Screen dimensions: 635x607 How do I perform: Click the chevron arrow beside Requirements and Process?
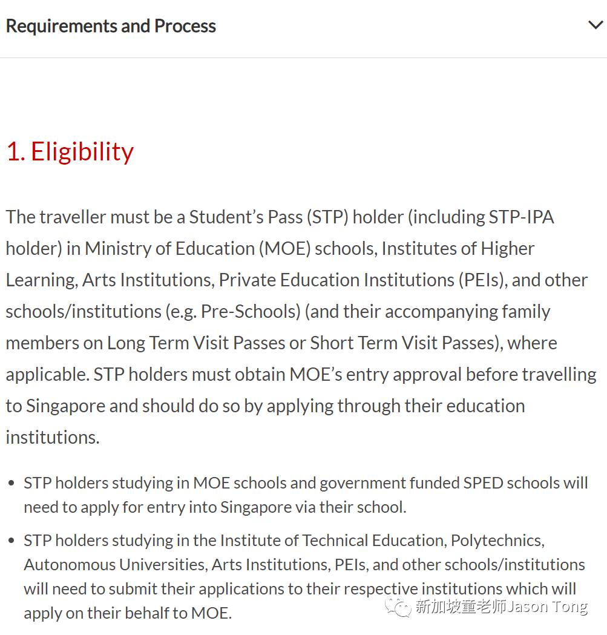tap(596, 25)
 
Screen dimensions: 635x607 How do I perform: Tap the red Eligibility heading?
tap(82, 151)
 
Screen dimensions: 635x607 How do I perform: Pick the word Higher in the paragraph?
tap(507, 248)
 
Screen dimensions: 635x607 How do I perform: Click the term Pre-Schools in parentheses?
tap(251, 311)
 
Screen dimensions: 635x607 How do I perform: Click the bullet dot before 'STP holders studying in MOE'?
tap(11, 483)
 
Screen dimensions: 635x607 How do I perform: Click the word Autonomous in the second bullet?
tap(69, 564)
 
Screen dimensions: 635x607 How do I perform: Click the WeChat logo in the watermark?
tap(399, 606)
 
